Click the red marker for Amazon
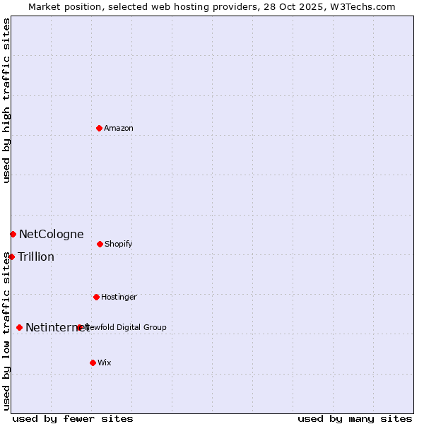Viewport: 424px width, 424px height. (x=99, y=128)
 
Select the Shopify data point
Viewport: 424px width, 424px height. (x=100, y=244)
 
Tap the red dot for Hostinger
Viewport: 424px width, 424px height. (x=96, y=297)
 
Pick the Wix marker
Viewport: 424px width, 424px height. (x=93, y=363)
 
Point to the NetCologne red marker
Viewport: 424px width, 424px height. (x=13, y=234)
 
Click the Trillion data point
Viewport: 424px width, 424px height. (x=11, y=257)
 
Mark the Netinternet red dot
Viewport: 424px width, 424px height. (x=19, y=327)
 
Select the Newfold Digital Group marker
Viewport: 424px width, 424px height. (x=79, y=327)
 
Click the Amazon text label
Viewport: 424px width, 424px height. (x=119, y=128)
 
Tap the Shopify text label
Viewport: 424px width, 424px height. (x=119, y=244)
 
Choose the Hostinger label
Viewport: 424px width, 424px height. (x=119, y=297)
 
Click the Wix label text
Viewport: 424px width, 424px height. (x=105, y=363)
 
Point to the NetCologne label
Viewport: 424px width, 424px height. (x=51, y=234)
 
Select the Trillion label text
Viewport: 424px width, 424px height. (x=36, y=257)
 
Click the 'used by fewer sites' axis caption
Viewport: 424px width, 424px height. (x=73, y=418)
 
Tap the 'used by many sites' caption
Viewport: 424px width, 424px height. (x=355, y=418)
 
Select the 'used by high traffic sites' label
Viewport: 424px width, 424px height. (x=6, y=100)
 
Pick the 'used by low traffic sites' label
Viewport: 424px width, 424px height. (x=6, y=331)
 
